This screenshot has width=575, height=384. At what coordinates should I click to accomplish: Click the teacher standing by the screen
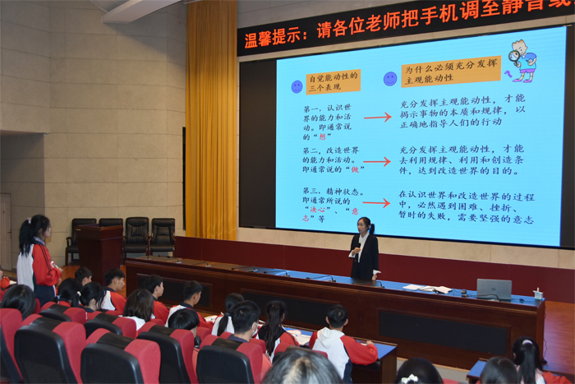coord(363,249)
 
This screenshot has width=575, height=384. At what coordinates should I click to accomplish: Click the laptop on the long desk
coord(494,289)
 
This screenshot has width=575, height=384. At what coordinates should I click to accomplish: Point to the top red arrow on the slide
coord(377,117)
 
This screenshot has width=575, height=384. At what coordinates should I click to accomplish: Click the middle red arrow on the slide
coord(377,161)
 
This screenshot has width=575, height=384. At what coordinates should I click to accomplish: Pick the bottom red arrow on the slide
coord(377,202)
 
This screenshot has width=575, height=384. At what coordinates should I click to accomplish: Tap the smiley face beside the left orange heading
coord(297,86)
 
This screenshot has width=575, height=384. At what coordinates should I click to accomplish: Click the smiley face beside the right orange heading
coord(390,78)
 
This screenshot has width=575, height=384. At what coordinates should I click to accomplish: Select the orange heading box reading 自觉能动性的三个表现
coord(333,82)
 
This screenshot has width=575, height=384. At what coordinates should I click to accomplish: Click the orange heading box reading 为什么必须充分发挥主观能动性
coord(451,72)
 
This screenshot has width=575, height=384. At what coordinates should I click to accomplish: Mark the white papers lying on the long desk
coord(428,288)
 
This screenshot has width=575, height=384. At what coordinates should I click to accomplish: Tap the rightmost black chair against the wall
coord(162,236)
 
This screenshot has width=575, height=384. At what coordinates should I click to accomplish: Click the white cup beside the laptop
coord(538,294)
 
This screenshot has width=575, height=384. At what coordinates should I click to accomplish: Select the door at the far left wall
coord(5,231)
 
